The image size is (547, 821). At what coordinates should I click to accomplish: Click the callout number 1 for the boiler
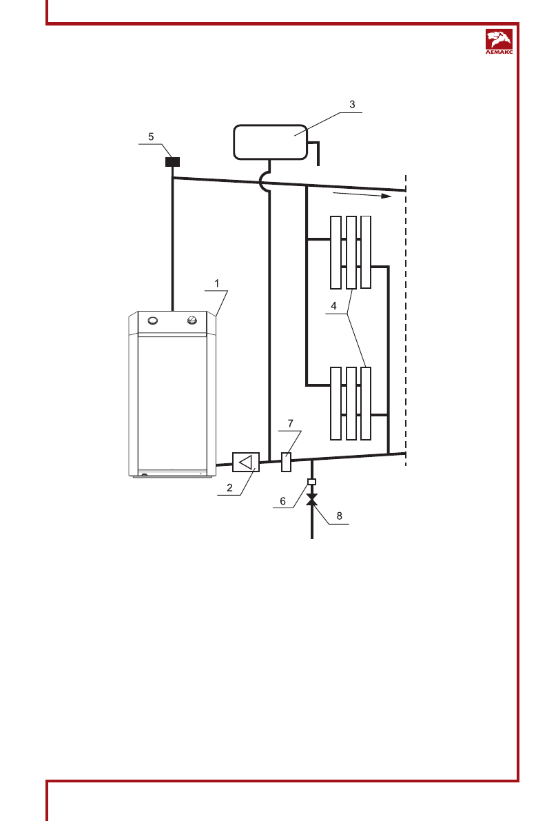coord(216,283)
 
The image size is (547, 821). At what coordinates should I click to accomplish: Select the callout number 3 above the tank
coord(351,104)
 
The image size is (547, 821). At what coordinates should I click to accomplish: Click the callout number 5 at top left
coord(152,136)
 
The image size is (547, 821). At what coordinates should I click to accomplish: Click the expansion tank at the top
coord(269,141)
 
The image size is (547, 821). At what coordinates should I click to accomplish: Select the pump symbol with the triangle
coord(245,462)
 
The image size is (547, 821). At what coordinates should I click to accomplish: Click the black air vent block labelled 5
coord(172,162)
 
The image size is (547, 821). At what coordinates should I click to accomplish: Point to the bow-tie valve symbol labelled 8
coord(311,498)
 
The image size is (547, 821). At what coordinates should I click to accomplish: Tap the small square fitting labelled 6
coord(311,481)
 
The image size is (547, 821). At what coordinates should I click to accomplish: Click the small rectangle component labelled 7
coord(287,461)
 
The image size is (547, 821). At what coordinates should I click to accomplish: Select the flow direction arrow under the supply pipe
coord(362,196)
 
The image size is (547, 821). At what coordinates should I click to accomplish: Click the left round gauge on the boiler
coord(153,320)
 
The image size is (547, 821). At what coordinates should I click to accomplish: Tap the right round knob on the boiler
coord(194,320)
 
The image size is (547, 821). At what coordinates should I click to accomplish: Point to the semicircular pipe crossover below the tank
coord(266,182)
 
